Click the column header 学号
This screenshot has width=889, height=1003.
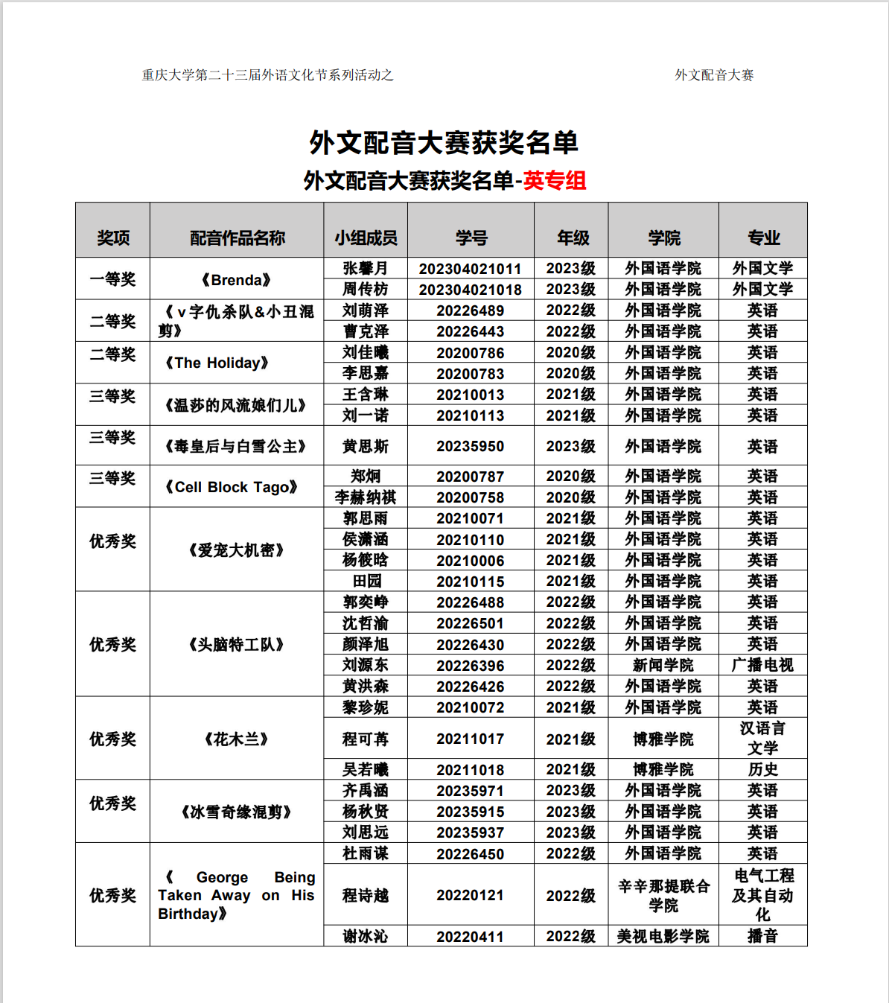[471, 238]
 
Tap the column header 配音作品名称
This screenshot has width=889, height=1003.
[237, 238]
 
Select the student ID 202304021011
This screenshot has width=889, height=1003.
[470, 269]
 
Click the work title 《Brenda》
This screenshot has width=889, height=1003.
[237, 280]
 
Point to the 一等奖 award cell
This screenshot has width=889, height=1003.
[112, 279]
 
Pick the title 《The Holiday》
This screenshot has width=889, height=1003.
[217, 363]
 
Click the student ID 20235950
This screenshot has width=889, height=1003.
[470, 446]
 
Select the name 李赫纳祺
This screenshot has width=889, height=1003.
[365, 497]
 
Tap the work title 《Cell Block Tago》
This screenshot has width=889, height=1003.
[232, 487]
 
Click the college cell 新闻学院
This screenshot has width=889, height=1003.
[663, 665]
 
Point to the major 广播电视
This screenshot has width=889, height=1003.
[762, 665]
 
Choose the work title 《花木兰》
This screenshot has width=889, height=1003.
[237, 739]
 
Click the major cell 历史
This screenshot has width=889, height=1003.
[762, 769]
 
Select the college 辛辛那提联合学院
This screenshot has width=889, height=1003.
[663, 895]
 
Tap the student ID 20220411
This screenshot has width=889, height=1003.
[470, 937]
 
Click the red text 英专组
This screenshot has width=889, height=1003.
[554, 180]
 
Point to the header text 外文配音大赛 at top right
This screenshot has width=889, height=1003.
[714, 75]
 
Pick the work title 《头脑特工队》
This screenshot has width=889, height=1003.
[237, 644]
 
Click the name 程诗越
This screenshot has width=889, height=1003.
[365, 895]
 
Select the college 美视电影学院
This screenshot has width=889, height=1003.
[663, 937]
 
